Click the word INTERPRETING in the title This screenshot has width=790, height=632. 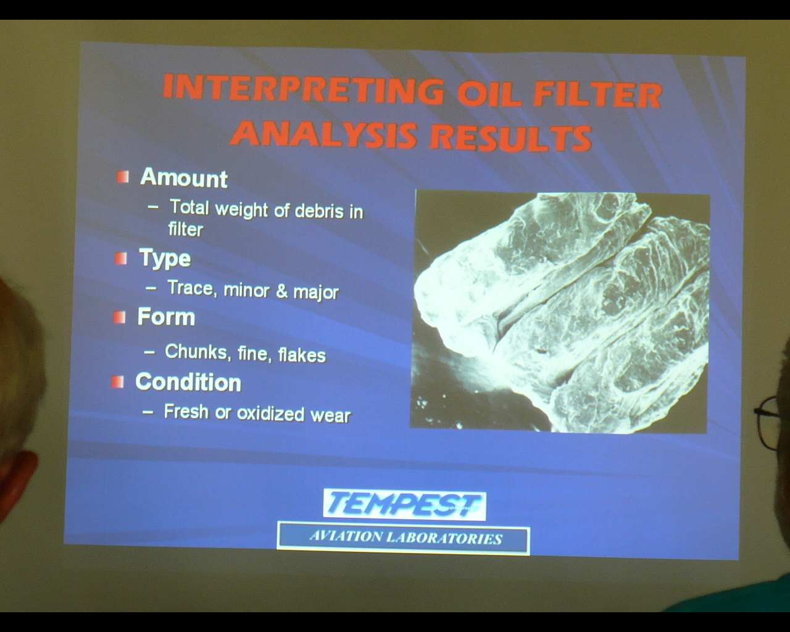(x=303, y=89)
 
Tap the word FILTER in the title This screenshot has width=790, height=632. (x=597, y=96)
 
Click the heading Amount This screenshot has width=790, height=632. (x=183, y=178)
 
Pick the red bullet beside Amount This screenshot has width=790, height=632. (x=123, y=177)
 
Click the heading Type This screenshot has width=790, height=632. (x=165, y=259)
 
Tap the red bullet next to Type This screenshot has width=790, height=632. (x=121, y=258)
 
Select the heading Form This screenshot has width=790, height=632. (x=166, y=317)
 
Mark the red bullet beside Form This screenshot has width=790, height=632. (x=119, y=317)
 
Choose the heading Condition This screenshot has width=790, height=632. (x=188, y=382)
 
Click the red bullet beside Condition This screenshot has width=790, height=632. (x=117, y=381)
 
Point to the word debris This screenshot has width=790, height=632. (x=319, y=210)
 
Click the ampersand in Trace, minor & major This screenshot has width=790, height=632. (x=281, y=291)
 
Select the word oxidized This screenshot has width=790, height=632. (x=270, y=414)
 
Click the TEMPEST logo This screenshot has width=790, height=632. (x=404, y=505)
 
